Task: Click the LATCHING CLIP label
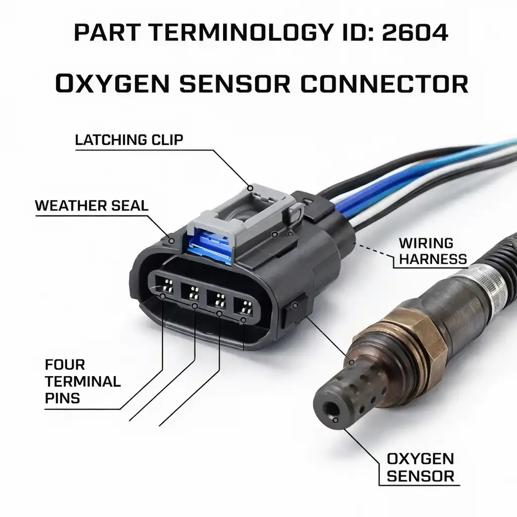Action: point(129,140)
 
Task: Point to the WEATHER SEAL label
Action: point(91,205)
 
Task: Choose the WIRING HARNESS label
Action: point(432,251)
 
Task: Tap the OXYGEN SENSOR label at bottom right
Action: point(420,467)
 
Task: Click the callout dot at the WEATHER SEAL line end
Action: point(172,241)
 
